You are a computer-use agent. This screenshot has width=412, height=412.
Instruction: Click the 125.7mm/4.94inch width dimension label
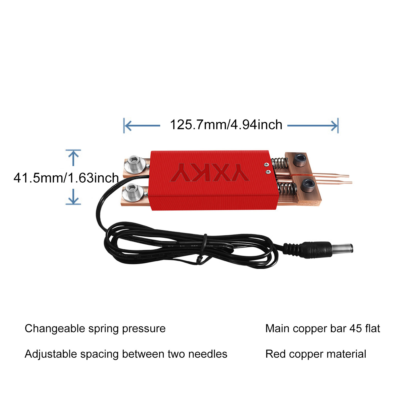[226, 125]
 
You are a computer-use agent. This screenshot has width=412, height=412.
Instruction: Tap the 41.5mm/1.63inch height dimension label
[66, 178]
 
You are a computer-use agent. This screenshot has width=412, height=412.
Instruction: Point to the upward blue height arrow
[73, 158]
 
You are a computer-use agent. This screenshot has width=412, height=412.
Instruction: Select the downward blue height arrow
[73, 197]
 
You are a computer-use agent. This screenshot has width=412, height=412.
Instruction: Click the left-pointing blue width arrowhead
[128, 126]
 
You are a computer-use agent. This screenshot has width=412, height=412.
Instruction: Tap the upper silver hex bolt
[134, 164]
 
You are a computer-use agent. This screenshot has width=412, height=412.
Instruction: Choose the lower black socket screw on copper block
[308, 185]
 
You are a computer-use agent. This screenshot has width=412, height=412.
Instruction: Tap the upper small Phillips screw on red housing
[267, 165]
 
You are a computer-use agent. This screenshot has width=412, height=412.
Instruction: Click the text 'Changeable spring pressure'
[95, 329]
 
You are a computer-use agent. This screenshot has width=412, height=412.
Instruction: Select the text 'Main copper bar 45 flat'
[323, 329]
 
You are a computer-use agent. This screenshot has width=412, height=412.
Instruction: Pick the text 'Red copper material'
[316, 354]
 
